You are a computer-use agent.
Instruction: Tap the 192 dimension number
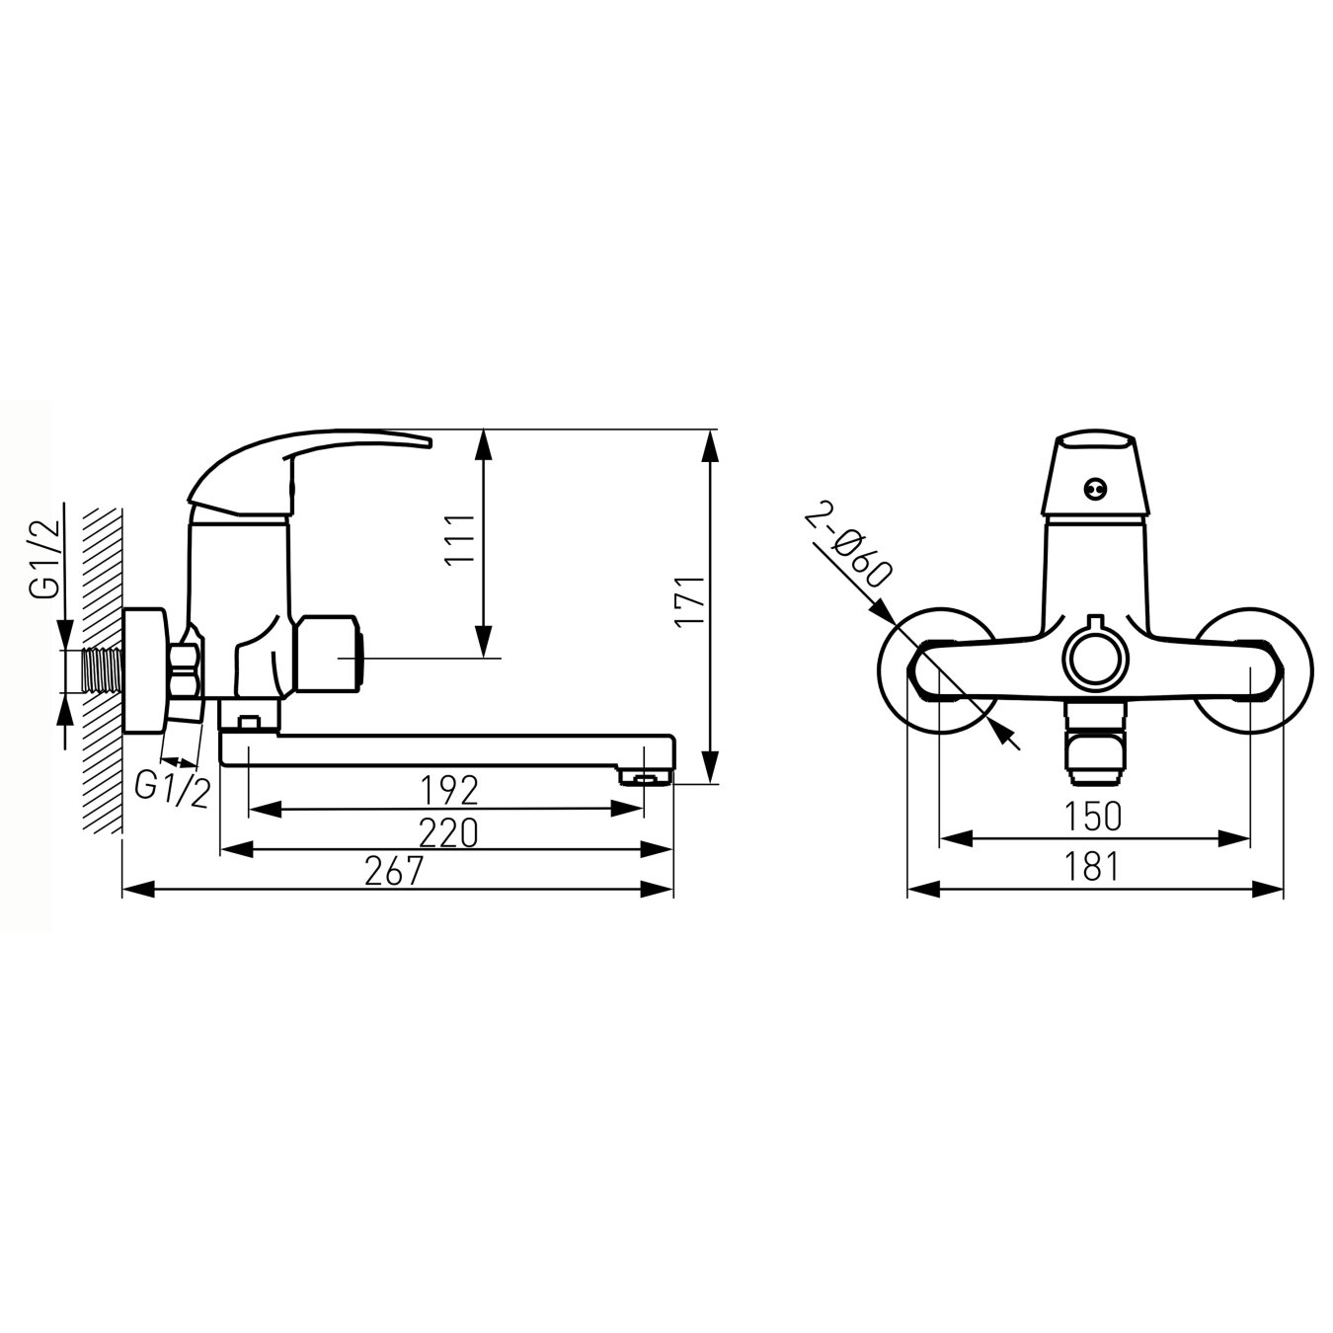click(448, 789)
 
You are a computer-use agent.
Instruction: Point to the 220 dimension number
click(448, 833)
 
